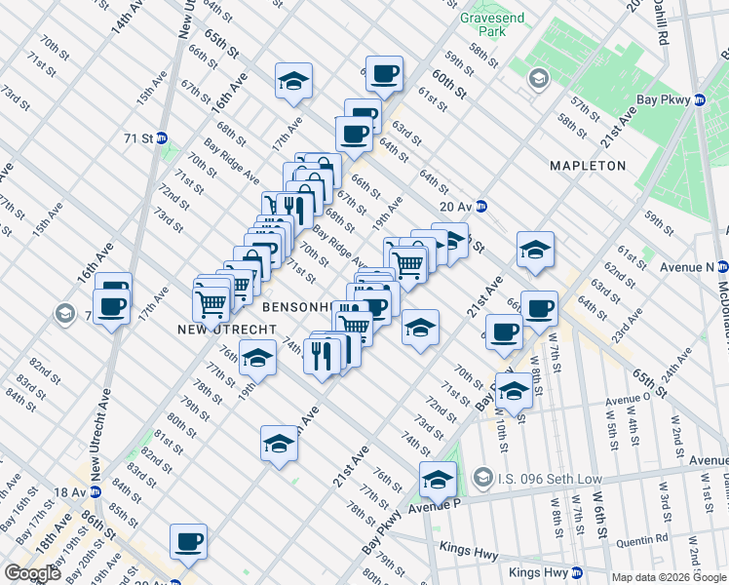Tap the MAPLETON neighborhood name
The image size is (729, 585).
[x=587, y=166]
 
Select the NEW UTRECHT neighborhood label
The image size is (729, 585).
[x=196, y=331]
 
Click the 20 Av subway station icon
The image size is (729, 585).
[x=494, y=206]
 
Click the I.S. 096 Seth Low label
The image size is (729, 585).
[x=532, y=478]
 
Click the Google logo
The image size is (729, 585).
[x=32, y=572]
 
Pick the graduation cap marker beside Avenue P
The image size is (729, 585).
[x=438, y=478]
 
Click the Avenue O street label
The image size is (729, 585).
[x=628, y=399]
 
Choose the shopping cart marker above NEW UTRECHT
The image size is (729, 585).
[x=211, y=301]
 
